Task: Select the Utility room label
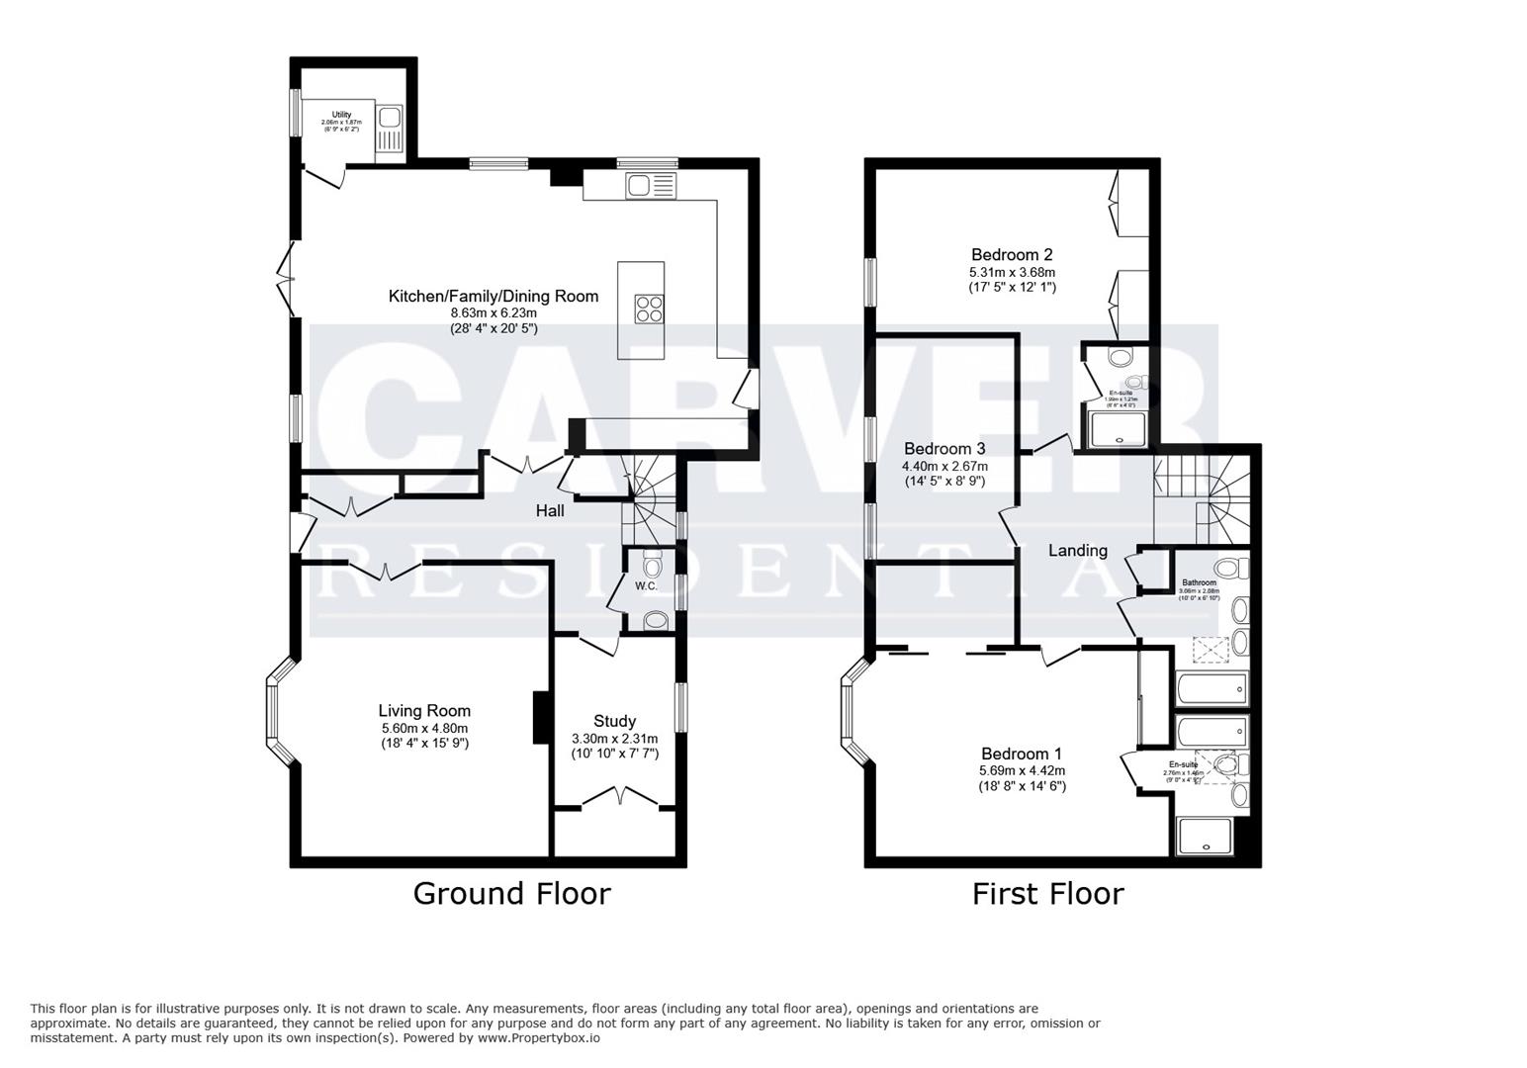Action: click(341, 116)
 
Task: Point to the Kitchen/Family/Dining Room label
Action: click(493, 296)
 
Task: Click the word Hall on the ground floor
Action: click(550, 511)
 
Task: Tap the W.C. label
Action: click(646, 586)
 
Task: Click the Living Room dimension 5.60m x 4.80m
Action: click(424, 729)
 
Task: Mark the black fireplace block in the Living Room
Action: click(540, 717)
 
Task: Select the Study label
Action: click(614, 721)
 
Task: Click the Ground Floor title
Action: click(511, 894)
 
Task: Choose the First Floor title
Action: click(1047, 894)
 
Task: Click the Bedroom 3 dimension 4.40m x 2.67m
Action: click(943, 466)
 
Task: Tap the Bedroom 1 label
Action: click(1022, 754)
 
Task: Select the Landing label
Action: click(1077, 551)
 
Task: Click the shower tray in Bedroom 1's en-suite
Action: click(1204, 837)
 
